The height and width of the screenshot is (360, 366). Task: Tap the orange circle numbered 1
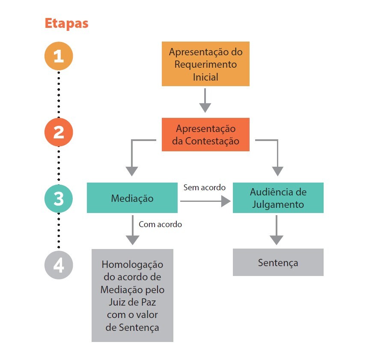tap(59, 56)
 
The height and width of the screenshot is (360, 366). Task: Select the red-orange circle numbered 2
tap(59, 132)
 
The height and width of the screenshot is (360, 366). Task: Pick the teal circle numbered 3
tap(59, 198)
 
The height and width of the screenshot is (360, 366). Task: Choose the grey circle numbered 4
tap(59, 265)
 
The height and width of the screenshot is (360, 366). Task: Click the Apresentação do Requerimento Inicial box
tap(205, 64)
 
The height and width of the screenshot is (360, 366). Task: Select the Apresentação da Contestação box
tap(205, 135)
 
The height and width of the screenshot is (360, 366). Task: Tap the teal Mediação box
tap(132, 198)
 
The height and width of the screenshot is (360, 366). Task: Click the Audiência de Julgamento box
tap(278, 198)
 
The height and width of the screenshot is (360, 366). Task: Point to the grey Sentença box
tap(278, 262)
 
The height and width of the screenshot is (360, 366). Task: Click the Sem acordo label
tap(204, 187)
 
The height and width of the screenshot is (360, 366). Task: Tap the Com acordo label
tap(160, 224)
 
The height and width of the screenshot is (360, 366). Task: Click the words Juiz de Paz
tap(132, 302)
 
